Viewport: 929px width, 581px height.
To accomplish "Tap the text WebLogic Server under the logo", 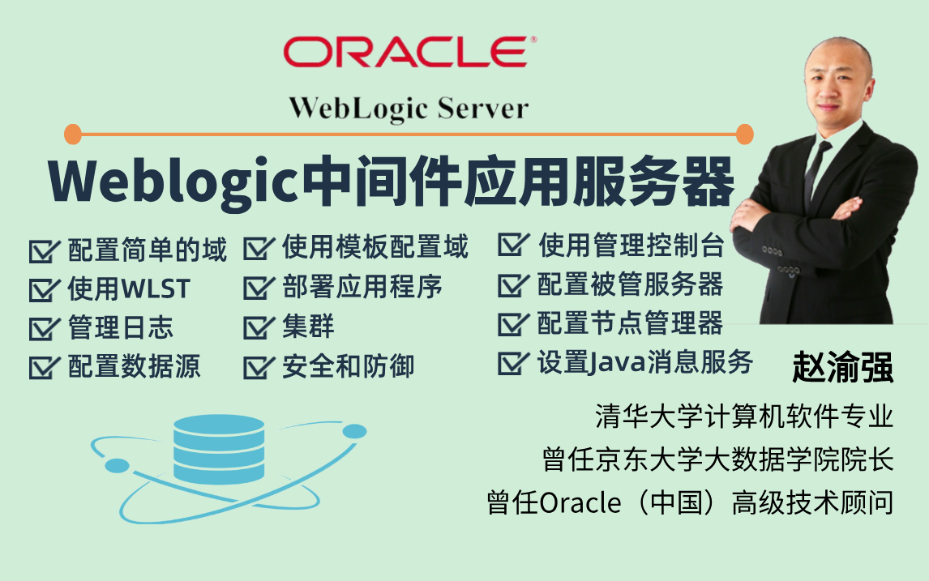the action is click(x=409, y=109).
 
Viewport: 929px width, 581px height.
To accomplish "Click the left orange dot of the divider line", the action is click(x=73, y=135).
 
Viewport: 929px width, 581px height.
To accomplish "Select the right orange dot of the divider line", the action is click(x=745, y=135).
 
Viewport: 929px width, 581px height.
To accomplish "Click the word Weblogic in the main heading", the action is click(x=173, y=181).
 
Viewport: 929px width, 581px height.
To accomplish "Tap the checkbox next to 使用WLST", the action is click(x=45, y=289).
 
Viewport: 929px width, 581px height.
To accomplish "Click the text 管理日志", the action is click(x=120, y=327).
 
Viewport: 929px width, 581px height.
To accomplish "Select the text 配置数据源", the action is click(x=134, y=366).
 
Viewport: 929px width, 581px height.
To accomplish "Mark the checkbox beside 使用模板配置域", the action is click(x=259, y=249).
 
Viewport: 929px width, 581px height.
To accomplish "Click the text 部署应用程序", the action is click(x=362, y=287).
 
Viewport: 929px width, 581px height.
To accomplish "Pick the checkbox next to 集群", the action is click(x=259, y=327).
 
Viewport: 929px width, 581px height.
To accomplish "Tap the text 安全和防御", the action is click(x=348, y=366).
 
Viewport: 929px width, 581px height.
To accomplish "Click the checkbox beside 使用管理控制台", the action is click(x=513, y=245).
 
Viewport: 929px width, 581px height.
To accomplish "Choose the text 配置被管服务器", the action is click(x=630, y=284).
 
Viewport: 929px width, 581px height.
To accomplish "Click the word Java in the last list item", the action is click(x=616, y=363).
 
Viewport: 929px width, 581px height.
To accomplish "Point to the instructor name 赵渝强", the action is click(x=842, y=367).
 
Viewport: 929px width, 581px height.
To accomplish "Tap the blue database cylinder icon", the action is click(x=219, y=450).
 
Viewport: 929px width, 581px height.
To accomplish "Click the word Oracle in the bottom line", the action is click(x=580, y=503).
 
